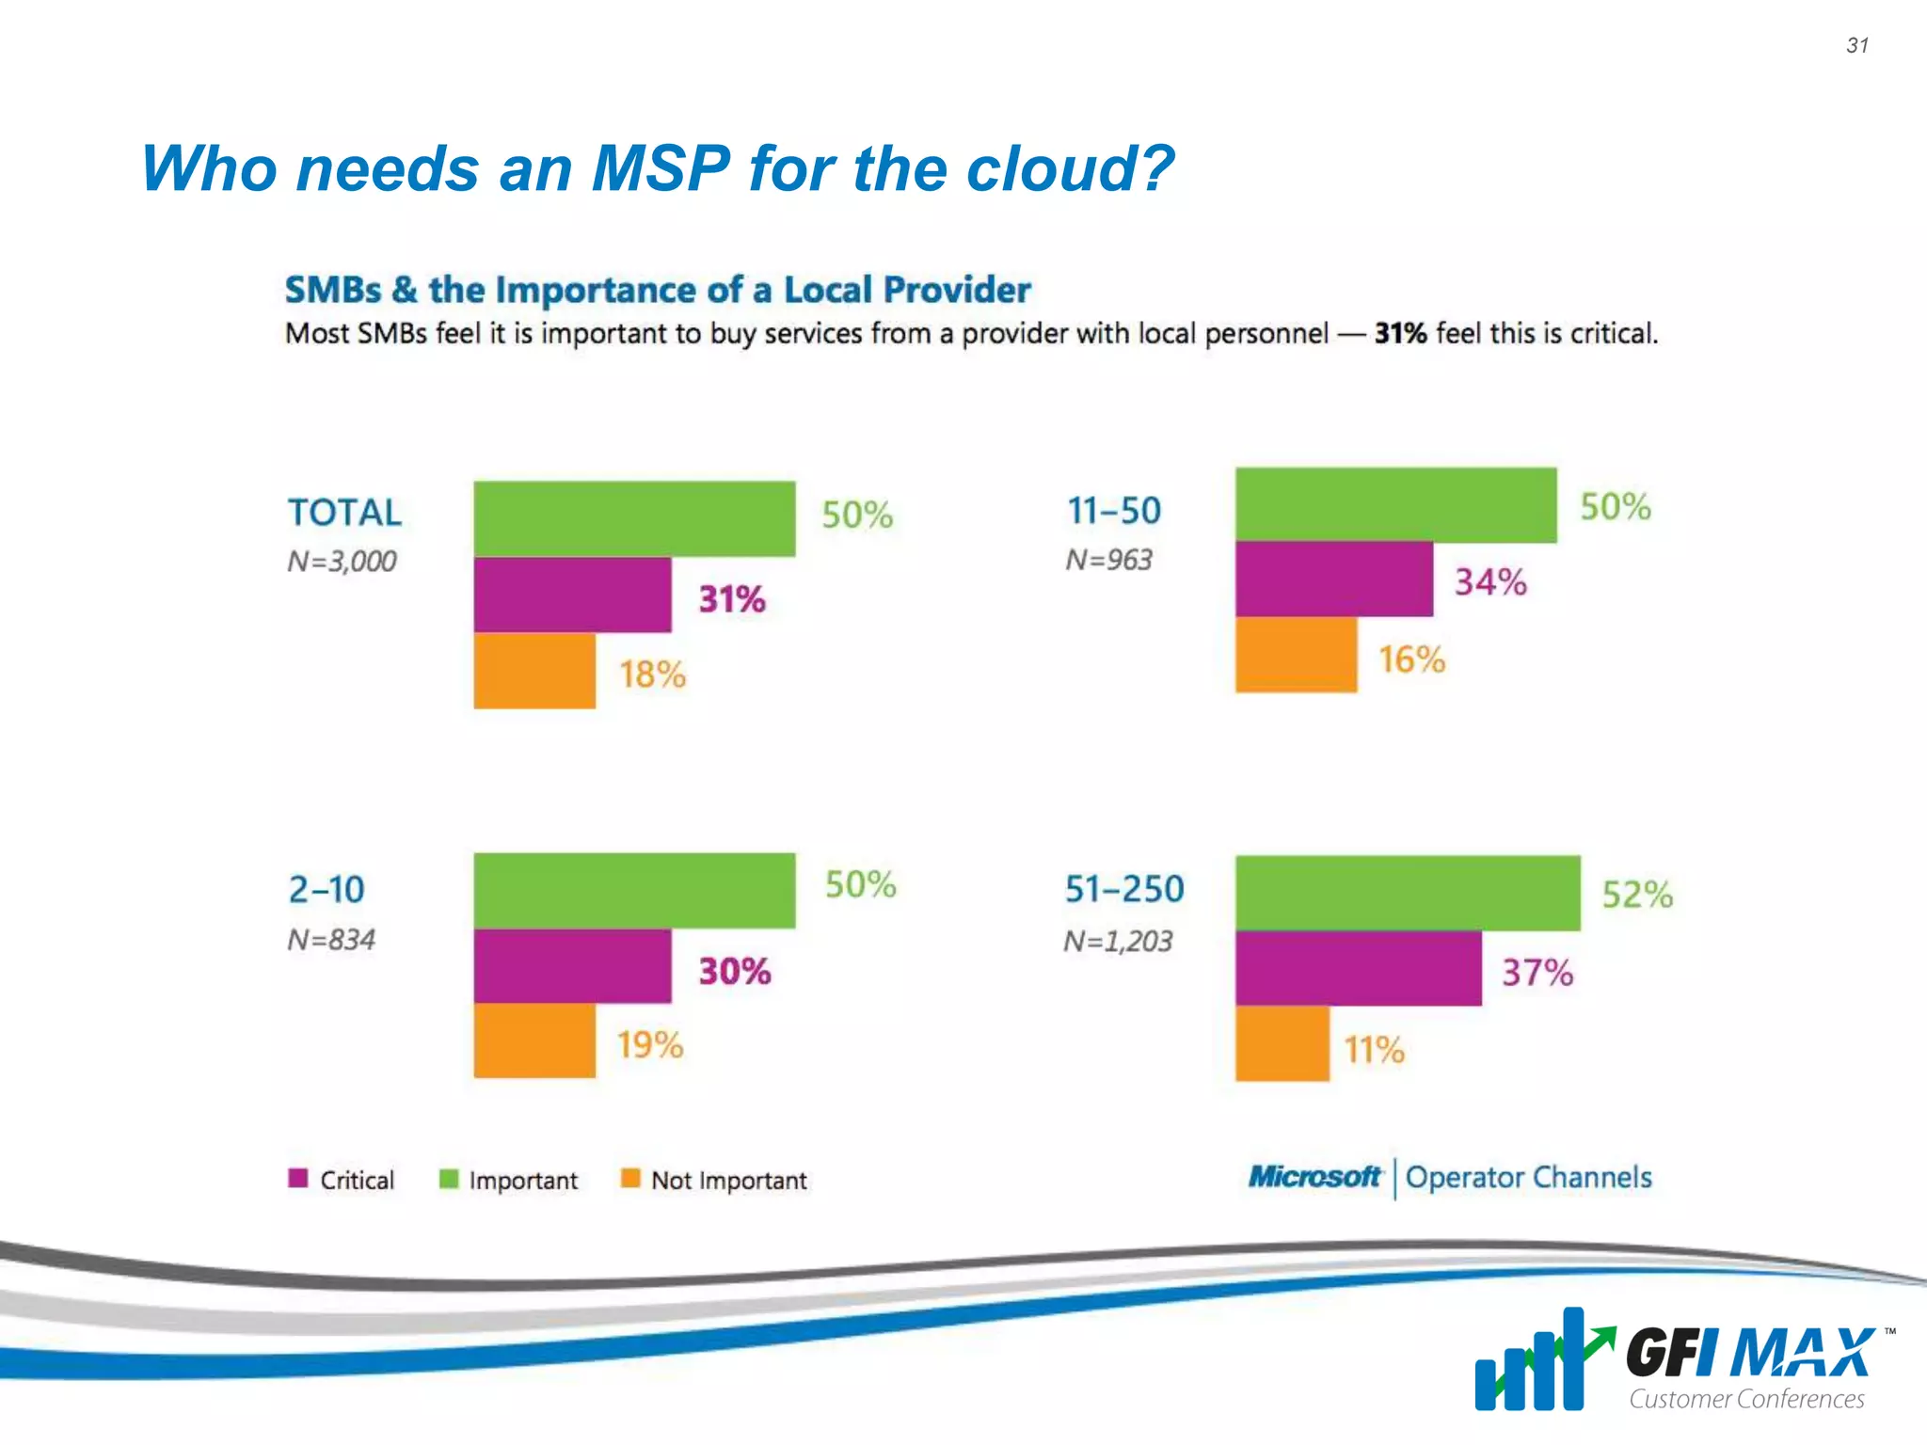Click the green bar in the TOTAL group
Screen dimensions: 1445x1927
click(634, 518)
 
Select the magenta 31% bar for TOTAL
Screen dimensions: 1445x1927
click(572, 595)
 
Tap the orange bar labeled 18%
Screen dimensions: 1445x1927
click(534, 671)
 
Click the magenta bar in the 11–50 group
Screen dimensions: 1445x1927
click(1333, 580)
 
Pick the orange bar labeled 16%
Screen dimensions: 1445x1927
click(1296, 655)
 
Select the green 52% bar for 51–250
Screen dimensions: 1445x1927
click(1408, 893)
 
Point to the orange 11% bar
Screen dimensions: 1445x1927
click(1282, 1043)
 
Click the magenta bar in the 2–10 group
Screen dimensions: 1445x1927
click(572, 966)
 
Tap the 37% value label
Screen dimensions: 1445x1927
click(1537, 972)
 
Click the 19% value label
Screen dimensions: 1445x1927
click(649, 1045)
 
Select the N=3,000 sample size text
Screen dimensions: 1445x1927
click(342, 562)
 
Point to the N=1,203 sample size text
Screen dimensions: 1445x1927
click(1118, 941)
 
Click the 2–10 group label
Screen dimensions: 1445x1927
click(326, 889)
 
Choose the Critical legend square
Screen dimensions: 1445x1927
click(298, 1179)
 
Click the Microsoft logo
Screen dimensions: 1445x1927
click(1314, 1177)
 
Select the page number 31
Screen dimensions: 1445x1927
click(1856, 45)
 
